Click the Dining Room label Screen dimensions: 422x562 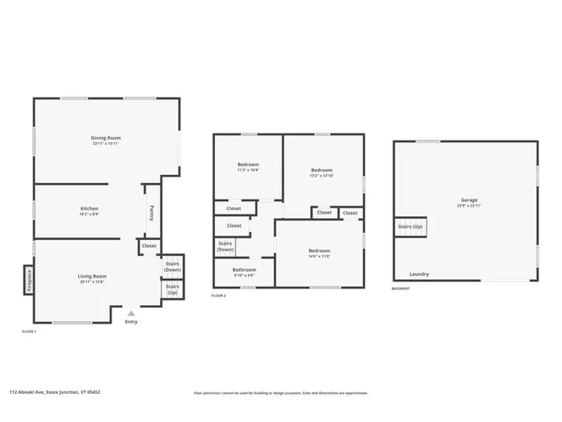tap(106, 138)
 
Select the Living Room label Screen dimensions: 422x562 tap(91, 277)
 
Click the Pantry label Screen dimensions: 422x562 tap(152, 211)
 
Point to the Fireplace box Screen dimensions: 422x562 tap(28, 280)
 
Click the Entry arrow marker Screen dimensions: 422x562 tap(131, 313)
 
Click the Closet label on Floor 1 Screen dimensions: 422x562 tap(148, 246)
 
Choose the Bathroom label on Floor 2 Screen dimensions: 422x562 tap(244, 270)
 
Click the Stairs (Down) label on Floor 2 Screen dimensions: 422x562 tap(226, 247)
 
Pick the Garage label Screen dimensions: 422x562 tap(469, 200)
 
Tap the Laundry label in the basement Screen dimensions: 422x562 tap(420, 273)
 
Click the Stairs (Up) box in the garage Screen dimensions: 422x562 tap(410, 227)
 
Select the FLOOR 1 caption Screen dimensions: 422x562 tap(29, 331)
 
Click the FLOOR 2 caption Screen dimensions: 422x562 tap(220, 296)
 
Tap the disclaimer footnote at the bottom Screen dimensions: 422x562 tap(280, 393)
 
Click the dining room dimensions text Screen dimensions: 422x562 tap(106, 143)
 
